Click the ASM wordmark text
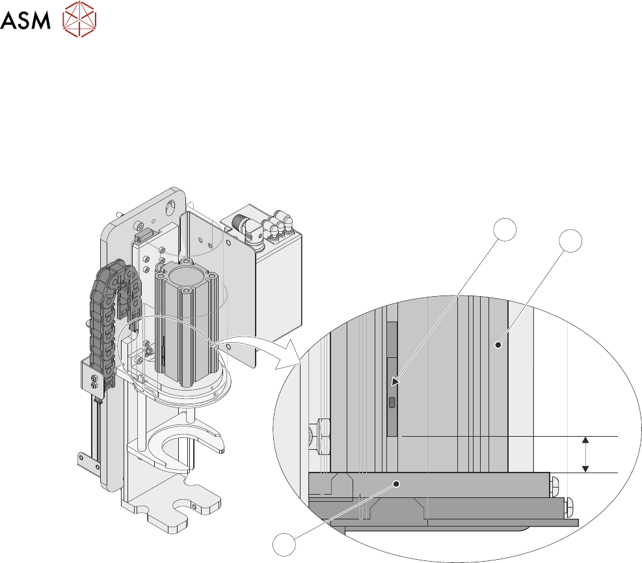25,20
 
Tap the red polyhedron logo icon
79,19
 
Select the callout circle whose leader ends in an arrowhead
505,230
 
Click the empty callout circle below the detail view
284,545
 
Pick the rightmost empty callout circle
570,241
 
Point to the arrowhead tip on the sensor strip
392,385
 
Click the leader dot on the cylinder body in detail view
498,345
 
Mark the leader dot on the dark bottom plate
396,484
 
